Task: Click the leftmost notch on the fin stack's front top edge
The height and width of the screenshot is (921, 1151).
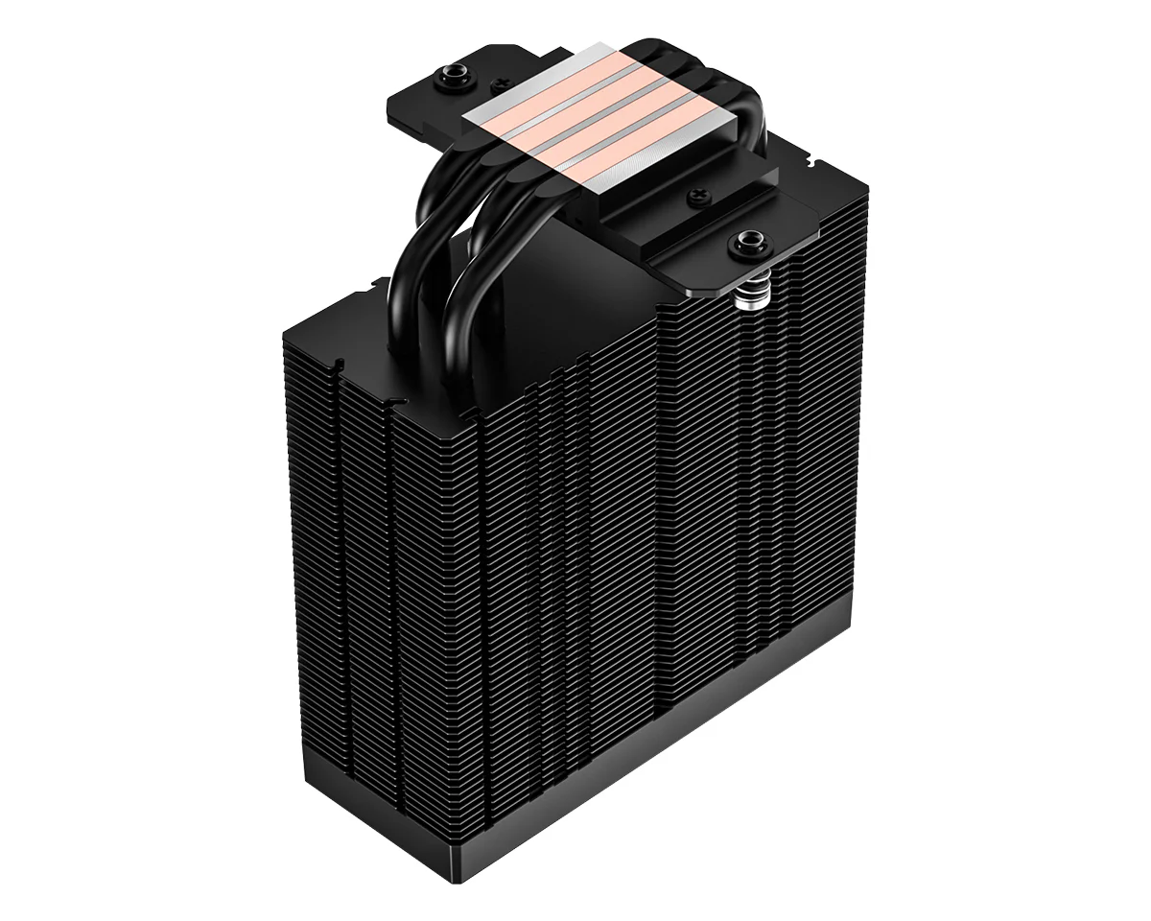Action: point(340,365)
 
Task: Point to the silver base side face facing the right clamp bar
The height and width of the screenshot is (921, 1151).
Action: point(662,173)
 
